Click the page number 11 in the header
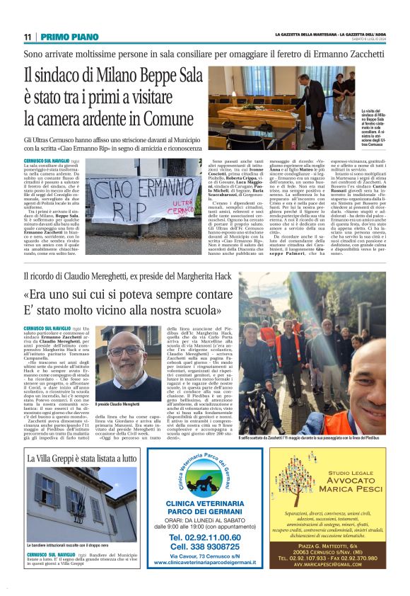pyautogui.click(x=28, y=37)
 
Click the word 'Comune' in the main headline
pyautogui.click(x=160, y=118)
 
